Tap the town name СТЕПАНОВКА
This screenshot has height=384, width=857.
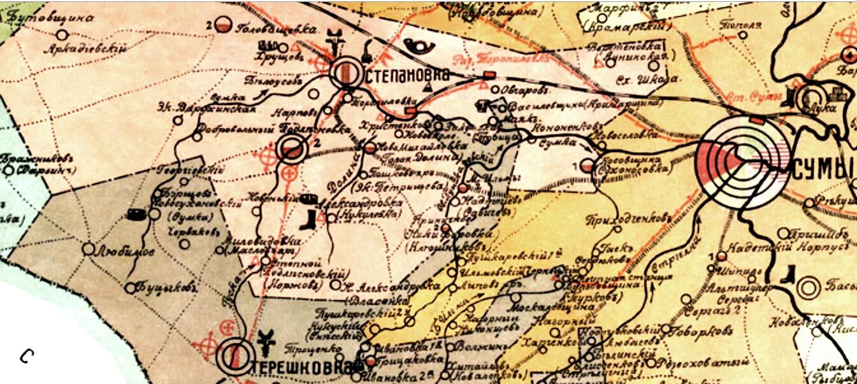[408, 75]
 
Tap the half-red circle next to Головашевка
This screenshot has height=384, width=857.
[222, 25]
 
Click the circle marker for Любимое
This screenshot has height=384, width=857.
[88, 249]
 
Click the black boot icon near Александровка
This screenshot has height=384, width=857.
[308, 220]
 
